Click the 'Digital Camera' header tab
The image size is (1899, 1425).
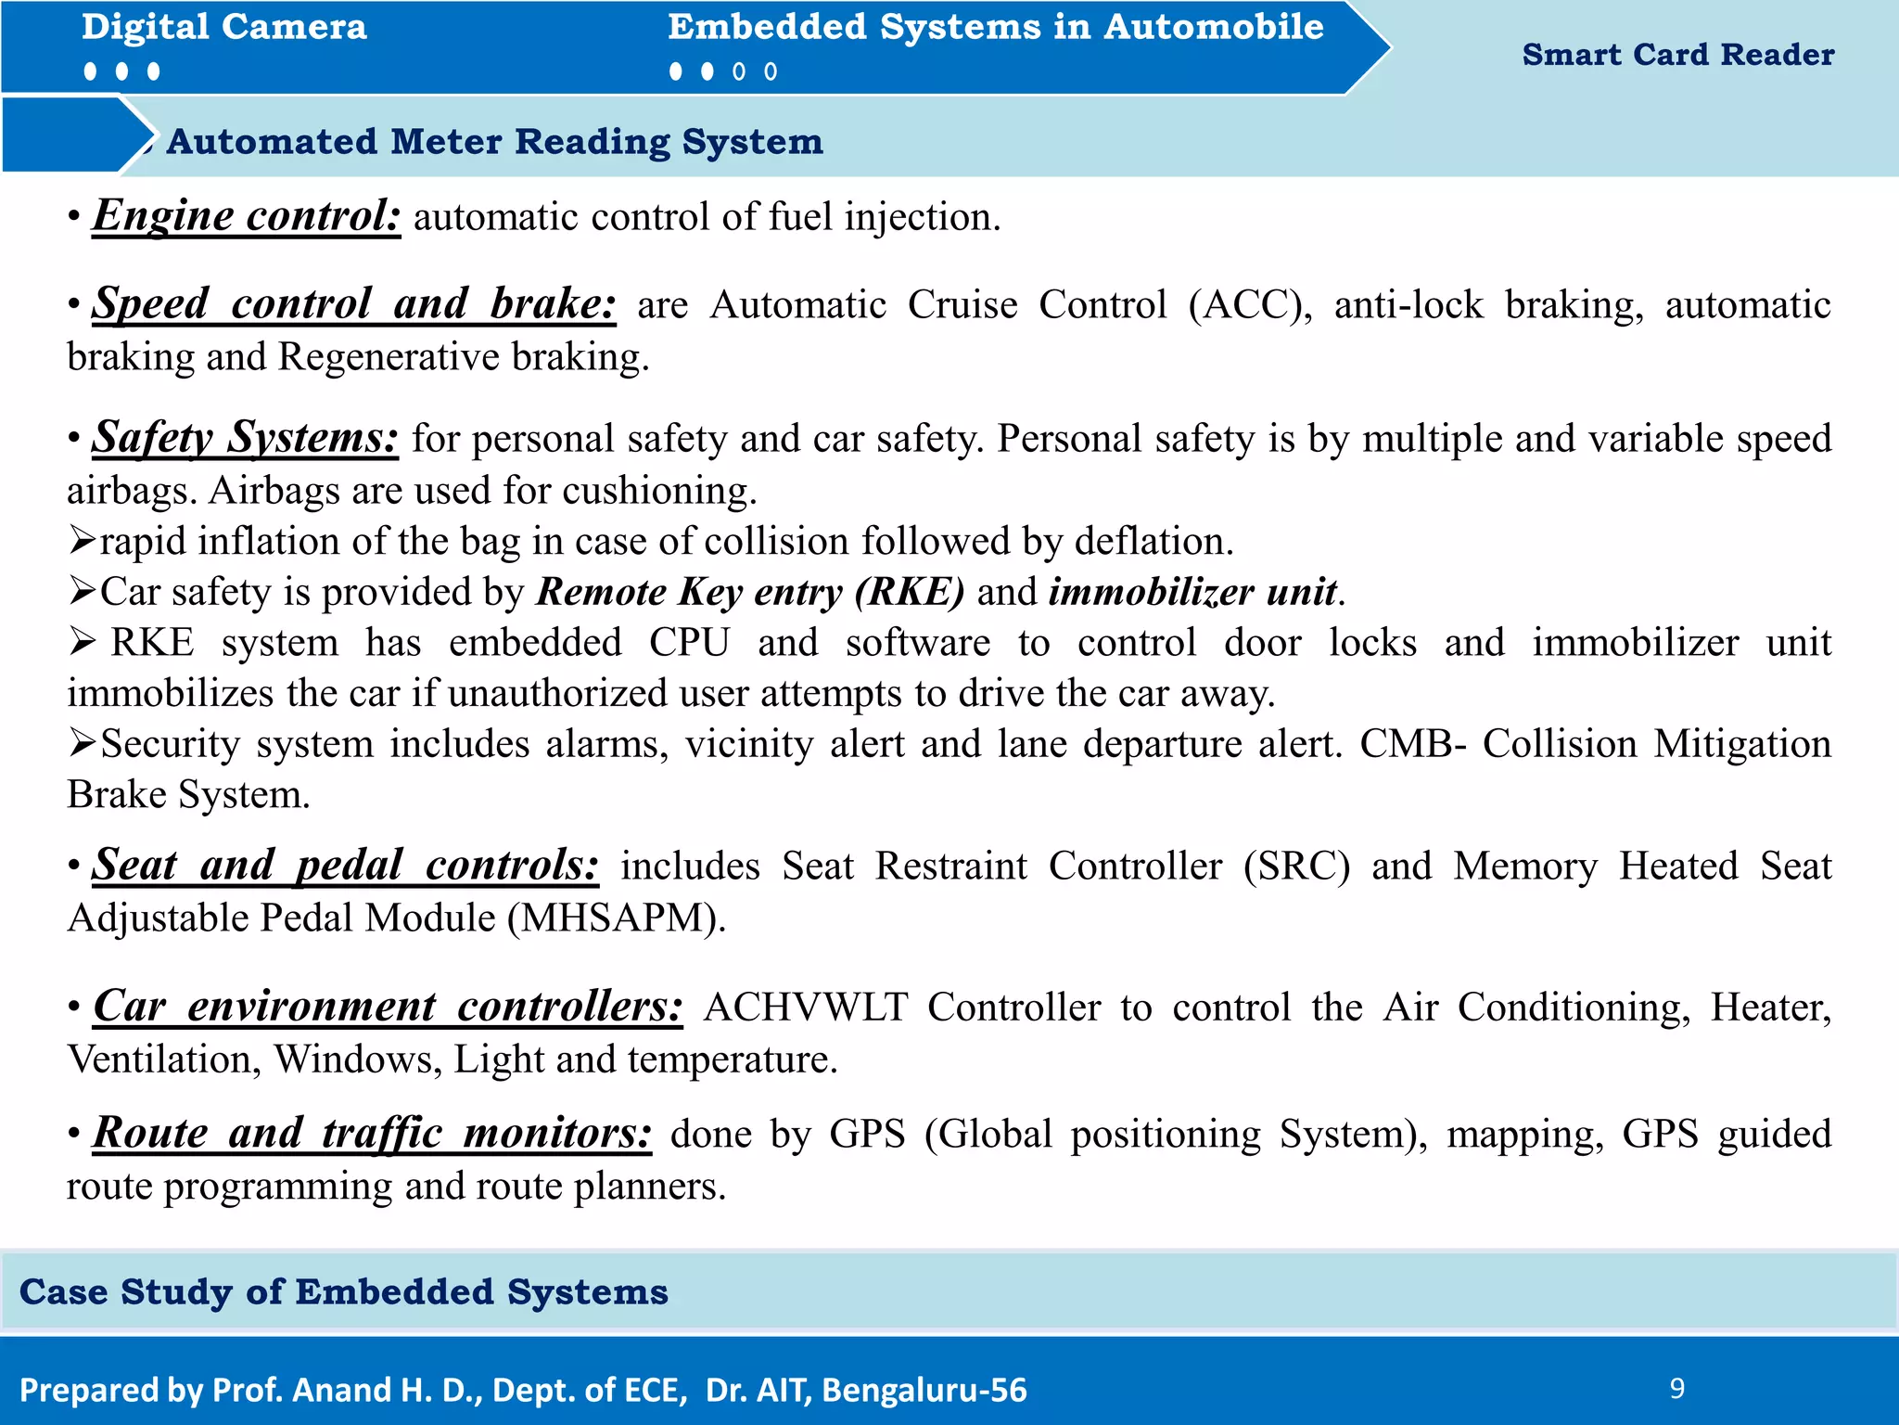224,27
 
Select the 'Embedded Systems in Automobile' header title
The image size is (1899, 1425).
995,27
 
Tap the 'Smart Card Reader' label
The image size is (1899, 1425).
1677,55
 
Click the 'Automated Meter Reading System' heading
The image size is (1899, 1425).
495,142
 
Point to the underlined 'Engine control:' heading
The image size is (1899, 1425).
247,216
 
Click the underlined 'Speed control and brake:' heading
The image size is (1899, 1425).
353,304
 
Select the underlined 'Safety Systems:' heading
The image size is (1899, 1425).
246,438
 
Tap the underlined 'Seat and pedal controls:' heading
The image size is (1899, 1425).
345,866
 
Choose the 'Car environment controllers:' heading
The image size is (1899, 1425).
388,1007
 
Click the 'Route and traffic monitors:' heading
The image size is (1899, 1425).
372,1134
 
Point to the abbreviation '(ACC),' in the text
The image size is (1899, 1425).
1250,305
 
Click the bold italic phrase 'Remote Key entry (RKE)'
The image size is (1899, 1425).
751,592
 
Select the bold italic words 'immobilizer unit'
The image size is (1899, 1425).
1192,592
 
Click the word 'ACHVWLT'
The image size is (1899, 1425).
805,1008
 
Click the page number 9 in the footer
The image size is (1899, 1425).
1676,1388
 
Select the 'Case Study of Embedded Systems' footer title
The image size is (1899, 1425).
343,1291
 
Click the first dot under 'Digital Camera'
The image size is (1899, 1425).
90,71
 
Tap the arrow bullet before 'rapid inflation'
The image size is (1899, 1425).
82,541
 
